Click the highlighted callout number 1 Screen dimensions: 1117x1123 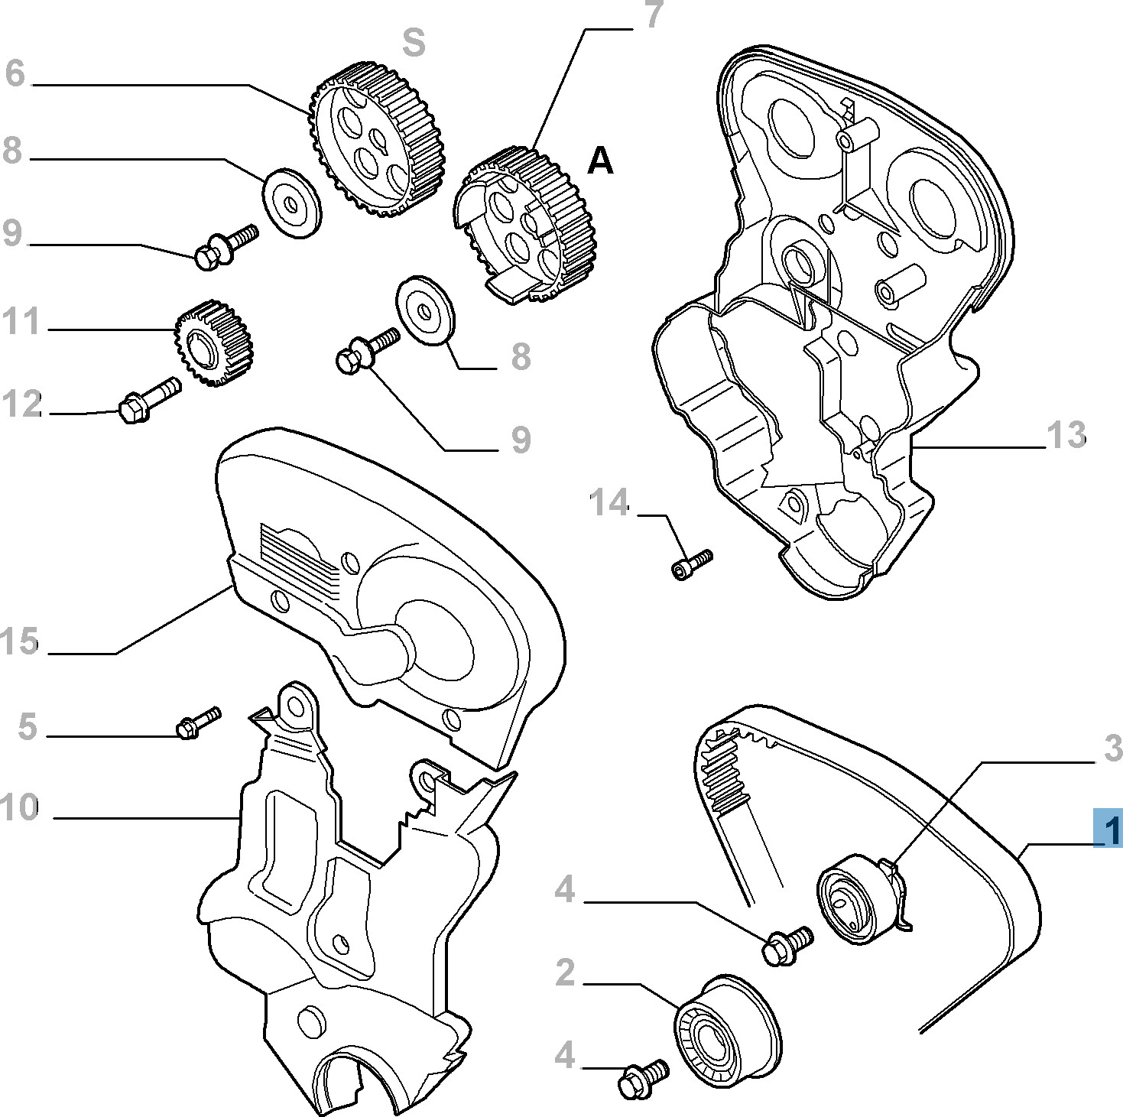click(1108, 828)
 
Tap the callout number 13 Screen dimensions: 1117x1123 click(1066, 435)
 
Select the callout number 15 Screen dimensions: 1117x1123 click(18, 641)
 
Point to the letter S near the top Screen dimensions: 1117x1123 click(414, 43)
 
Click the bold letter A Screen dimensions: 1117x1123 click(600, 161)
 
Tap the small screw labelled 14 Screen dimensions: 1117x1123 click(691, 563)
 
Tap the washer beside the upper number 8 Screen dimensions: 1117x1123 click(291, 203)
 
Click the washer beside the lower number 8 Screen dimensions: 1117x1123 click(424, 310)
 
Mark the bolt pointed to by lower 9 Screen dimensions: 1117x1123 click(365, 349)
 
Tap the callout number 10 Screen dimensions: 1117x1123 click(18, 807)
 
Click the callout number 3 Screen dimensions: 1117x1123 click(1112, 748)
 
